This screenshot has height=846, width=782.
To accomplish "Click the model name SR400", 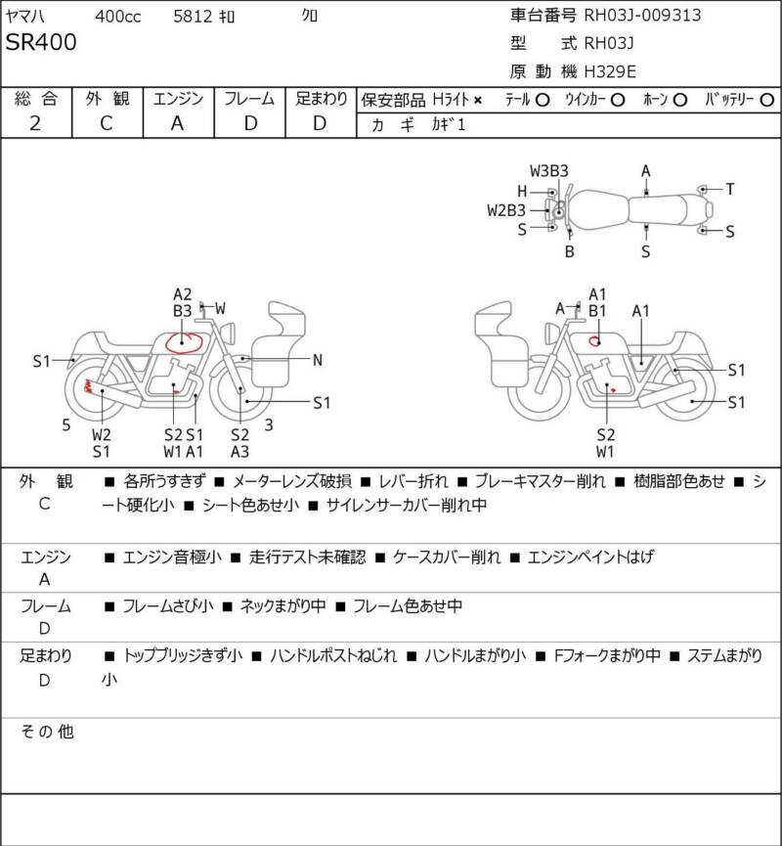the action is pyautogui.click(x=41, y=43).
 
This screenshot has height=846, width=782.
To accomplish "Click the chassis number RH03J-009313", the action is pyautogui.click(x=642, y=15).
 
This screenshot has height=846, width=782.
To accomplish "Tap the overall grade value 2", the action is pyautogui.click(x=35, y=123).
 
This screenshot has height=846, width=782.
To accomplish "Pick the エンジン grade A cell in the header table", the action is pyautogui.click(x=178, y=123).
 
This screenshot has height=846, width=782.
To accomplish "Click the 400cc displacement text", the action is pyautogui.click(x=117, y=17).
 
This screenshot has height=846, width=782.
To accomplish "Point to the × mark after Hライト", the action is pyautogui.click(x=478, y=101).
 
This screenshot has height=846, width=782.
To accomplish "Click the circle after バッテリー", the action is pyautogui.click(x=766, y=101).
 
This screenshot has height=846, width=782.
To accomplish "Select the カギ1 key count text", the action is pyautogui.click(x=448, y=124).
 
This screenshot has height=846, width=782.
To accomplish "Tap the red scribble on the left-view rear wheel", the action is pyautogui.click(x=87, y=385).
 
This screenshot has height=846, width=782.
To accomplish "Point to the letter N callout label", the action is pyautogui.click(x=318, y=360).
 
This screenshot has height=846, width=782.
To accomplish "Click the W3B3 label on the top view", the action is pyautogui.click(x=549, y=171).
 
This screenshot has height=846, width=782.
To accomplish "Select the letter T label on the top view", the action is pyautogui.click(x=729, y=189).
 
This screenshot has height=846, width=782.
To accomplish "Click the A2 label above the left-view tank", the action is pyautogui.click(x=182, y=294).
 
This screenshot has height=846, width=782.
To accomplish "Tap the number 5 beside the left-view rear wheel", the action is pyautogui.click(x=65, y=425).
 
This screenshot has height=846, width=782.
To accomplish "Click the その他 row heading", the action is pyautogui.click(x=48, y=732).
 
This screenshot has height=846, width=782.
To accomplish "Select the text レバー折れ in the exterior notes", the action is pyautogui.click(x=413, y=481).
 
